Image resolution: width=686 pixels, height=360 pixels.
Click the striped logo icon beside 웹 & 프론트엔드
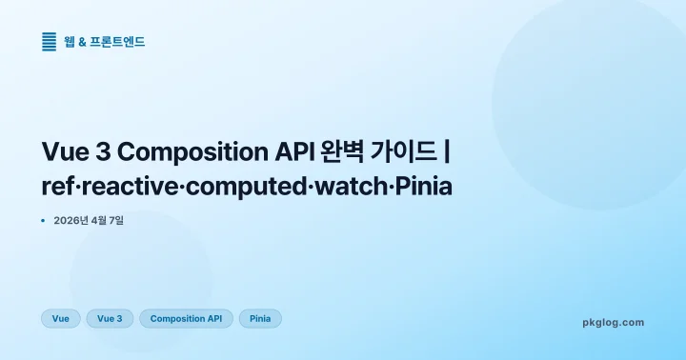tap(50, 42)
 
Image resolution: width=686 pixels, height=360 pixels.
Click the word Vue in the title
tap(67, 152)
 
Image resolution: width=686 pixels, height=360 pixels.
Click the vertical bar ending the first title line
tap(448, 152)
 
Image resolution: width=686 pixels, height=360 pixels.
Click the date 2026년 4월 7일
tap(89, 221)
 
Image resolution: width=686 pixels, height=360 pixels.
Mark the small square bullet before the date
tap(44, 221)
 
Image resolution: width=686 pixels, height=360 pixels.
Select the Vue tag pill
tap(61, 319)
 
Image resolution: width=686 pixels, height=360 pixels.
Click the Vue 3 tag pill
tap(110, 319)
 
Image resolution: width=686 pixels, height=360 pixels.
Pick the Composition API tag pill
tap(186, 319)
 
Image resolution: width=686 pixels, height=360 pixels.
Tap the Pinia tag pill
tap(260, 319)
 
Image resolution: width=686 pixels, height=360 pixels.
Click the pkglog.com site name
tap(613, 322)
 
